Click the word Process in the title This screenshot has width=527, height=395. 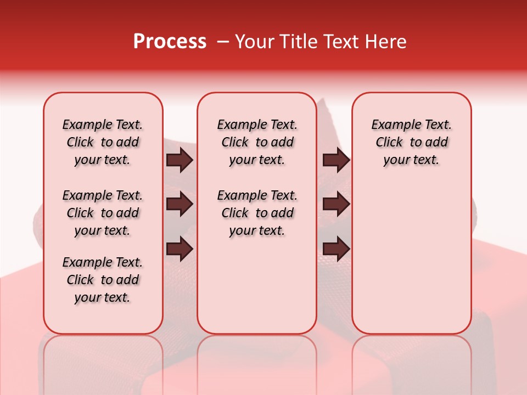click(x=170, y=42)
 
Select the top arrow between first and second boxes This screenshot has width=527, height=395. click(x=180, y=160)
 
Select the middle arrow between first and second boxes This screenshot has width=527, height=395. click(x=180, y=204)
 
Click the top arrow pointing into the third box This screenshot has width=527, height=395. click(x=336, y=160)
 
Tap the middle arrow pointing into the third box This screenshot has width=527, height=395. click(x=336, y=204)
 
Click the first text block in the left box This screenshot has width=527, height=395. click(x=103, y=142)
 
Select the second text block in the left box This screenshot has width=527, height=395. click(x=103, y=213)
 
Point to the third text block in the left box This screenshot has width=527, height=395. click(x=103, y=280)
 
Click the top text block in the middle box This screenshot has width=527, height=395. click(x=257, y=142)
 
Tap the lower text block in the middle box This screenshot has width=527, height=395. click(x=257, y=213)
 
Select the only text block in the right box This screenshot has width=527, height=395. click(x=411, y=142)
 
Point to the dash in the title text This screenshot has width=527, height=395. click(x=223, y=42)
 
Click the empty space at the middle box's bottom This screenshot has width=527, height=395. click(x=257, y=291)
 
